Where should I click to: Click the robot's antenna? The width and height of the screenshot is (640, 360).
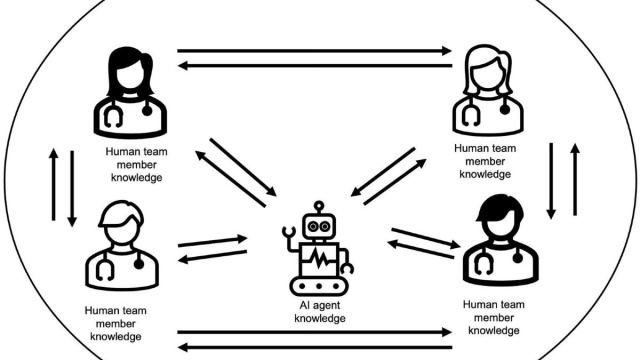coord(320,207)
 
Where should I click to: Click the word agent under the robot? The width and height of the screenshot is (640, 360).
coord(326,306)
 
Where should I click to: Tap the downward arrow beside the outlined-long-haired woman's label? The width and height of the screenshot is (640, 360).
coord(551,180)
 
